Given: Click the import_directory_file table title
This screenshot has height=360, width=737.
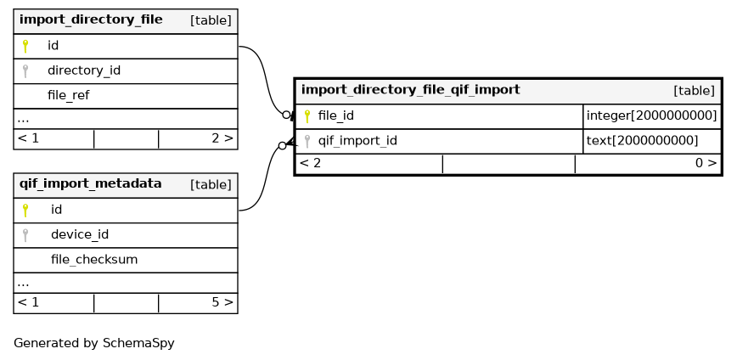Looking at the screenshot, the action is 91,20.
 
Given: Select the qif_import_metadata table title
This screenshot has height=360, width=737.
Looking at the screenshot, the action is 90,183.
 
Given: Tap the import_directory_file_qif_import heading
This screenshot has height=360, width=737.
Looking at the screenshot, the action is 410,90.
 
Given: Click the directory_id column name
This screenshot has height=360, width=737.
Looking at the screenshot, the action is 84,71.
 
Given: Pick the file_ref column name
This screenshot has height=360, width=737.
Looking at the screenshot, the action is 68,96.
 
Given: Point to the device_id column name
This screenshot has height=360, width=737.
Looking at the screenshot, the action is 80,234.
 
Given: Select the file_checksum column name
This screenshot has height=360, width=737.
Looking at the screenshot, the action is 94,260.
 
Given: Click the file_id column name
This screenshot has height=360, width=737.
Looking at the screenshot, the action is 335,115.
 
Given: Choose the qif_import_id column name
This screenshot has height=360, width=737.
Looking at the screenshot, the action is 357,141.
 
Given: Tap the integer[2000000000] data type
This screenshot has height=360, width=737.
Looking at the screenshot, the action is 651,115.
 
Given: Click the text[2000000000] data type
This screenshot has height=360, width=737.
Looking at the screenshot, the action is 642,141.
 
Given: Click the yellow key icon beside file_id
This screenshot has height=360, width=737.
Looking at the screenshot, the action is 307,116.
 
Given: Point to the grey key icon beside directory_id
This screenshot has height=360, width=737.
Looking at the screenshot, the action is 25,71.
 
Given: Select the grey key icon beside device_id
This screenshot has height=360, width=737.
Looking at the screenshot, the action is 25,235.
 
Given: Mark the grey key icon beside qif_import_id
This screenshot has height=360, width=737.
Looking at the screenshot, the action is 307,141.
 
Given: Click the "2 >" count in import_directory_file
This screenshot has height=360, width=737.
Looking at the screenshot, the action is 222,138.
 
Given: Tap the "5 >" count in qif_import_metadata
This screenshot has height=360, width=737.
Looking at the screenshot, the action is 222,302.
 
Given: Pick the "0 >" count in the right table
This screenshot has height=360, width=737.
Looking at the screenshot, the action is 706,164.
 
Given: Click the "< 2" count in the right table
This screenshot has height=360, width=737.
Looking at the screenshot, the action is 310,164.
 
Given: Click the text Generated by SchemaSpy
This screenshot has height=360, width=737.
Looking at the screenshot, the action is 94,344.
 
